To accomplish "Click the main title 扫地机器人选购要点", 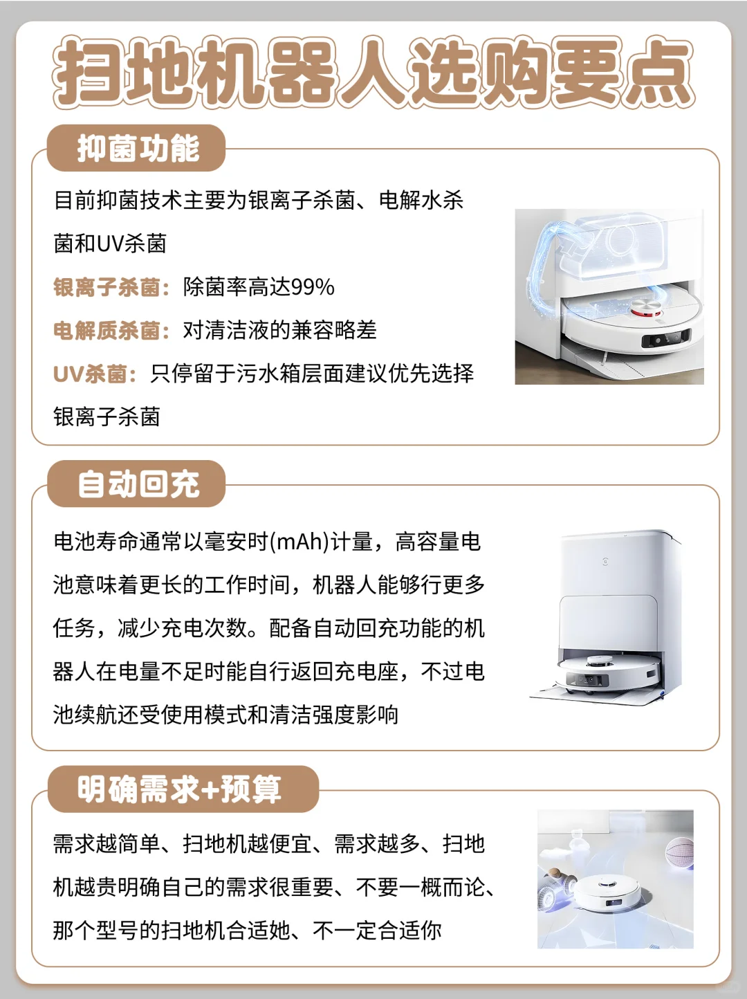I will (x=373, y=73).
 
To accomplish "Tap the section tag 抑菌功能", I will (x=137, y=148).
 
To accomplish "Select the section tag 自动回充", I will (x=137, y=484).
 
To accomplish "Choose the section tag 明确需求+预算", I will (x=180, y=789).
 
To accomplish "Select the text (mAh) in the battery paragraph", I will (x=299, y=542).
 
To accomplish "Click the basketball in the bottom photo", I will (x=679, y=852).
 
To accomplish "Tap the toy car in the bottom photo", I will (x=557, y=885).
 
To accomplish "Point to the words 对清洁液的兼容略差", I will (x=279, y=331).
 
